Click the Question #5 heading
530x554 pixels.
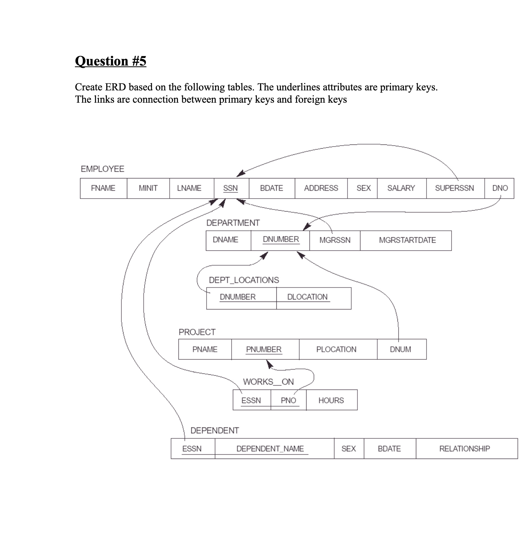[x=111, y=61]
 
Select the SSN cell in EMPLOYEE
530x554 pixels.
[x=231, y=188]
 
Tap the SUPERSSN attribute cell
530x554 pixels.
[x=455, y=188]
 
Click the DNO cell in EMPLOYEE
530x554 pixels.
[x=500, y=188]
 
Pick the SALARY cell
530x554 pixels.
[x=401, y=188]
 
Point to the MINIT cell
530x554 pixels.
[x=148, y=188]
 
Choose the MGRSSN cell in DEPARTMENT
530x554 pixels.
[x=335, y=240]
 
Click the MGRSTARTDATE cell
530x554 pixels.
[x=407, y=240]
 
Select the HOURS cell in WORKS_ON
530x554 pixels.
[x=331, y=400]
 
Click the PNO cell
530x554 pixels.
[x=288, y=400]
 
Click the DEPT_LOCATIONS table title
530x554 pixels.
[x=244, y=280]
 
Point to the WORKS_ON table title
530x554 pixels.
[x=268, y=382]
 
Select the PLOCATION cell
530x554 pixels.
[x=336, y=350]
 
